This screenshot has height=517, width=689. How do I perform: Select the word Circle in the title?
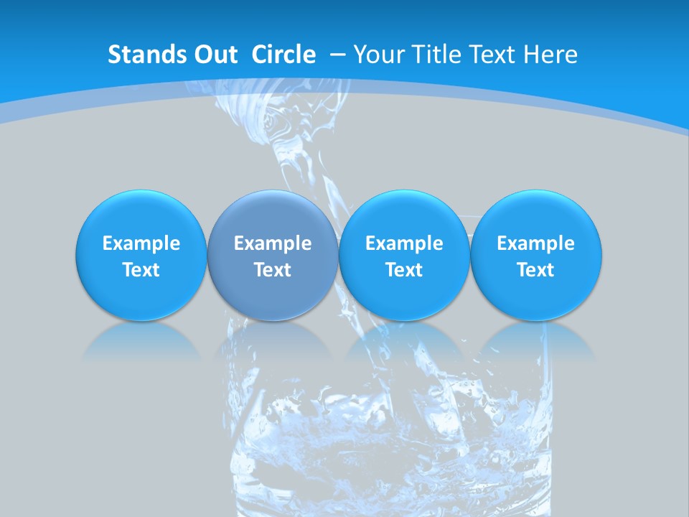(283, 55)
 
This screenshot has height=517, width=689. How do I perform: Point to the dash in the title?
(337, 55)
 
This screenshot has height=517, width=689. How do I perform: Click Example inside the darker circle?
(273, 243)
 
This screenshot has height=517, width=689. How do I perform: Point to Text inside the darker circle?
(273, 270)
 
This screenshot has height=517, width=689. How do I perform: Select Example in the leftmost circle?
(141, 243)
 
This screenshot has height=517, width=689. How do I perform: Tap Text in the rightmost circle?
(536, 270)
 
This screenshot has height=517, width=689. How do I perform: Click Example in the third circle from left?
(404, 243)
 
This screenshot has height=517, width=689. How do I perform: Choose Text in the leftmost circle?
(141, 270)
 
